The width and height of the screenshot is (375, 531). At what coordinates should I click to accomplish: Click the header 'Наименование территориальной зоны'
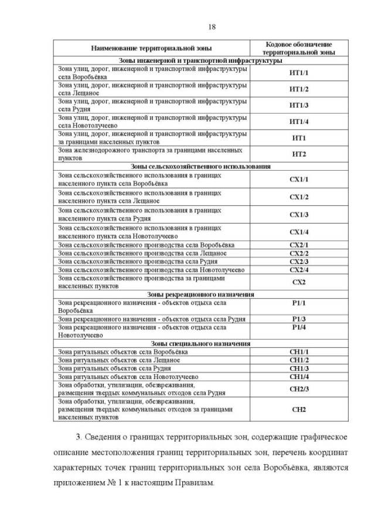(x=151, y=48)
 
